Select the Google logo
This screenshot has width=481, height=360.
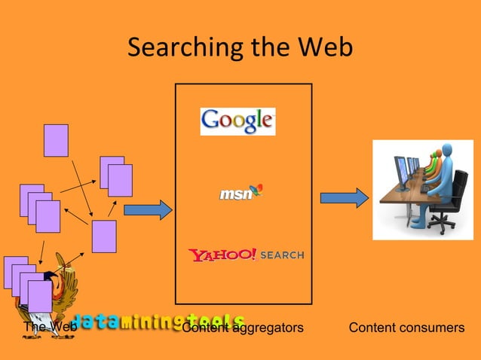[x=237, y=121]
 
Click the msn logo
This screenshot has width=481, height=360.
[x=240, y=193]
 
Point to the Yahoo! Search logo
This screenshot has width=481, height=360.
[x=246, y=255]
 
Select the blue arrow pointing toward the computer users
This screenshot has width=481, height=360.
[x=344, y=198]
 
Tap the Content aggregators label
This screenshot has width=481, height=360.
[x=244, y=328]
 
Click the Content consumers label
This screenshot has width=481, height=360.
[x=406, y=328]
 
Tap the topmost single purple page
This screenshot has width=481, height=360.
[x=56, y=140]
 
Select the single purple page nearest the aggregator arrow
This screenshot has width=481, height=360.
[x=104, y=236]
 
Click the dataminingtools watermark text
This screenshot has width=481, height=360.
[x=158, y=322]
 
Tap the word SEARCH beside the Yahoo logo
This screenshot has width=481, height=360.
[x=283, y=255]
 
